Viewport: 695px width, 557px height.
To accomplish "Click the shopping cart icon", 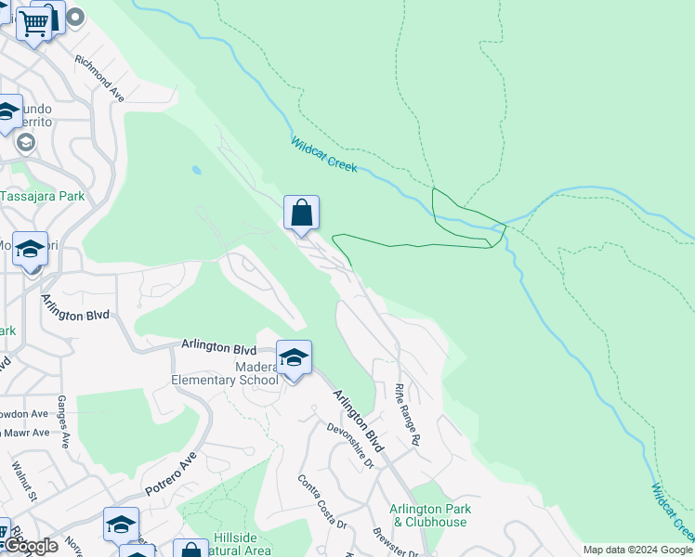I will click(x=34, y=22).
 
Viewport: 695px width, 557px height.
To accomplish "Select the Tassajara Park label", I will click(x=42, y=196).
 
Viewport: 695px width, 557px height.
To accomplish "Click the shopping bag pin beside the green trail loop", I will click(x=301, y=214).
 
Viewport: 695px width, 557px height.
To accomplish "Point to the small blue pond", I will click(x=195, y=171).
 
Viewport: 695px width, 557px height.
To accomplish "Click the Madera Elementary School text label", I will click(x=224, y=372).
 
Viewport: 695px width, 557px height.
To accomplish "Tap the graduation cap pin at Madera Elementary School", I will click(x=294, y=358).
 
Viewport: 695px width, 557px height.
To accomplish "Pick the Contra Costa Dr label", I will click(x=321, y=502).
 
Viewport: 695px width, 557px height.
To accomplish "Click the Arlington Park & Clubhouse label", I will click(x=429, y=515).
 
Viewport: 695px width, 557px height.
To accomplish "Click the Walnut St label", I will click(x=23, y=479).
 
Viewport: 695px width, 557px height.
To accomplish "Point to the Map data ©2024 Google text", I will click(x=637, y=550).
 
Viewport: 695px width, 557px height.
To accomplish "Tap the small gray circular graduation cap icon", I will click(x=25, y=142).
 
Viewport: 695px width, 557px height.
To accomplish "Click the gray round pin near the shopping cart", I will click(x=74, y=17).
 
